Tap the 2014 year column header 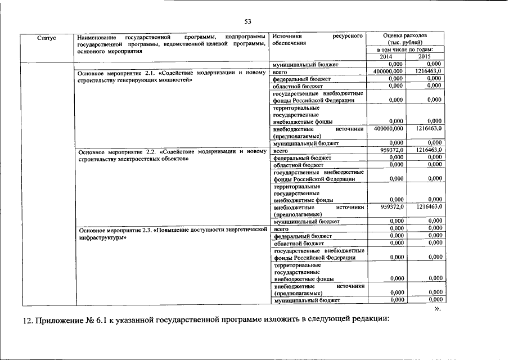coord(386,56)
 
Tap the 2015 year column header coord(425,56)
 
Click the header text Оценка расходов coord(405,35)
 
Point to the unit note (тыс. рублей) coord(405,43)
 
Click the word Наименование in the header coord(96,35)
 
